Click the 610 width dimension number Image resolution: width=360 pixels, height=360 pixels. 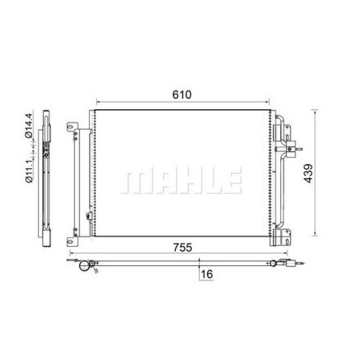tap(182, 95)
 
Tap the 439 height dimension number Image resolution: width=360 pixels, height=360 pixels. tap(308, 174)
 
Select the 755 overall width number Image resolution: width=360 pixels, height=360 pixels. tap(182, 248)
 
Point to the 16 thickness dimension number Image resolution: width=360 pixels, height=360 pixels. tap(207, 274)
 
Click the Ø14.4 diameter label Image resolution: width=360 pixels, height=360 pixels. tap(29, 126)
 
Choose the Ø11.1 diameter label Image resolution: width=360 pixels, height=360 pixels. tap(29, 169)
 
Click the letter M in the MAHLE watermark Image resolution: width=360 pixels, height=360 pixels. tap(133, 180)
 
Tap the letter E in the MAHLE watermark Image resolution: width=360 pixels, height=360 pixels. tap(233, 180)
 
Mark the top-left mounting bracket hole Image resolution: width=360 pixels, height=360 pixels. tap(70, 127)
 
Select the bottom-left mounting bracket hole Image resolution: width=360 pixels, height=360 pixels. tap(70, 241)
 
